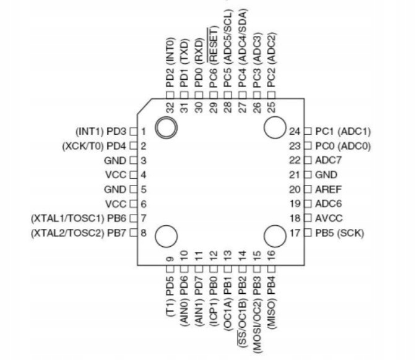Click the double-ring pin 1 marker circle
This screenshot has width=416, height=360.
166,128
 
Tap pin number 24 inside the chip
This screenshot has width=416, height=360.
295,131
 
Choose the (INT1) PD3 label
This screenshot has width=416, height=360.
101,131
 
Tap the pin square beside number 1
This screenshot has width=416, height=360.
132,131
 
